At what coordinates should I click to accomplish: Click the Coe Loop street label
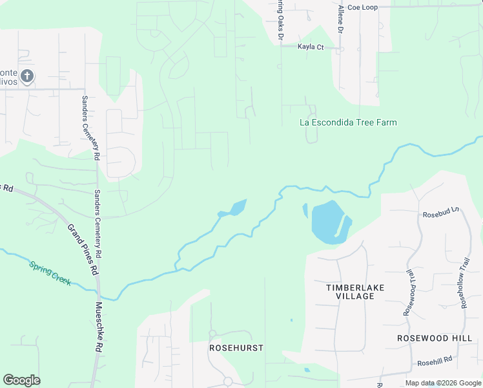[362, 7]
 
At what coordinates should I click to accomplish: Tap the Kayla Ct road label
[310, 47]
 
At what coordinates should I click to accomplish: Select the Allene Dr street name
[341, 19]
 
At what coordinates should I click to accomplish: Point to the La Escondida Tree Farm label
[349, 122]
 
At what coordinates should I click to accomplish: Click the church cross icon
[26, 76]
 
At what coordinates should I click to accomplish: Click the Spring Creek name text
[50, 274]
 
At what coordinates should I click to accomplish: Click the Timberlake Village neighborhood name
[350, 291]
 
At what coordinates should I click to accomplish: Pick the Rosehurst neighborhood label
[236, 347]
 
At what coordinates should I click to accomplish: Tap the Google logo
[21, 380]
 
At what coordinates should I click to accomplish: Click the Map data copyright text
[443, 383]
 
